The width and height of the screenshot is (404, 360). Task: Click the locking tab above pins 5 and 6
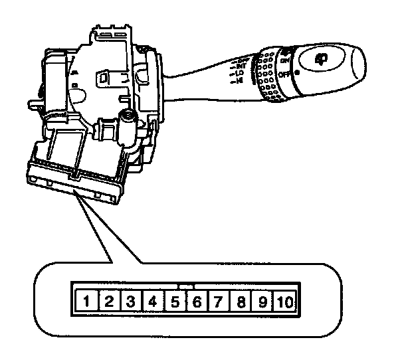(187, 286)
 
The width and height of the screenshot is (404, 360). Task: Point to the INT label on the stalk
(241, 66)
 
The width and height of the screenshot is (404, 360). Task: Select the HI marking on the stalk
(238, 81)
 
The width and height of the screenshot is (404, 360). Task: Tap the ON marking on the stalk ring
(286, 60)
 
